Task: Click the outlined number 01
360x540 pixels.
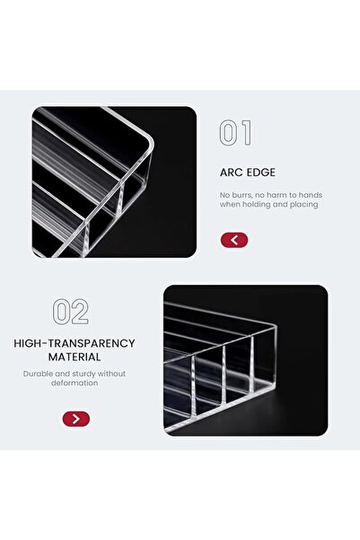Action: tap(236, 132)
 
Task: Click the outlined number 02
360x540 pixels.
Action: tap(71, 312)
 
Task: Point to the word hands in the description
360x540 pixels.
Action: tap(312, 195)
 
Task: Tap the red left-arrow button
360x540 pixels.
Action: tap(234, 240)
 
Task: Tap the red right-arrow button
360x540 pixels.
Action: tap(76, 419)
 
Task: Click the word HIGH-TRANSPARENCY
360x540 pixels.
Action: tap(75, 343)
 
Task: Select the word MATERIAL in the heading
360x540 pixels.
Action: tap(75, 357)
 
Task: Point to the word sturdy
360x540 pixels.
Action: tap(83, 374)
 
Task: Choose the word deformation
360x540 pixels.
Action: tap(75, 383)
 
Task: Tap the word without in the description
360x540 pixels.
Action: tap(111, 374)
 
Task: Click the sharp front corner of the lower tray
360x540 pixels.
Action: tap(276, 325)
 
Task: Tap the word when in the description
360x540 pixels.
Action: tap(229, 205)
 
